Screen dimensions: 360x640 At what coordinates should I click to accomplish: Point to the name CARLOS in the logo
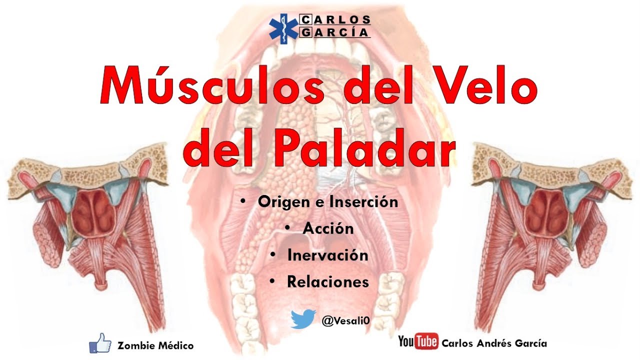click(x=335, y=20)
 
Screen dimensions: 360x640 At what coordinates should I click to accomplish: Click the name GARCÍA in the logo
click(x=335, y=32)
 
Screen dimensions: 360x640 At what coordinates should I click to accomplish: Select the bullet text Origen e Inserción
click(x=328, y=202)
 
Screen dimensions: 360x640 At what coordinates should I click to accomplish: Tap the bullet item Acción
click(x=328, y=228)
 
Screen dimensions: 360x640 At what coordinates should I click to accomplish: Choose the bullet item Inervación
click(x=327, y=255)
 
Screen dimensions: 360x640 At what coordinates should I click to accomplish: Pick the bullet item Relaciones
click(x=327, y=281)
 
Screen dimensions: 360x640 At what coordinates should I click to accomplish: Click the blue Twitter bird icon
click(x=303, y=319)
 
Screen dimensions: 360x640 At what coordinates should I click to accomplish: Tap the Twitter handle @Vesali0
click(x=346, y=320)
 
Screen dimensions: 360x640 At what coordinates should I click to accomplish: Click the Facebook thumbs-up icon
click(x=100, y=343)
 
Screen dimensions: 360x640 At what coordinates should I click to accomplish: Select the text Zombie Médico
click(x=155, y=345)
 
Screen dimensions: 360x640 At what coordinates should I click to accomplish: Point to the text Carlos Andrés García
click(x=494, y=343)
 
